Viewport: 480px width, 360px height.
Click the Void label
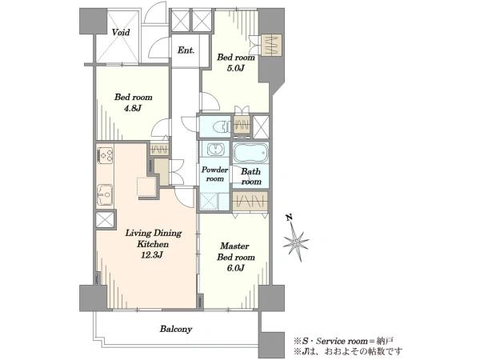pos(121,32)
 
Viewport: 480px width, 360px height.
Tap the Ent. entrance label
pos(186,50)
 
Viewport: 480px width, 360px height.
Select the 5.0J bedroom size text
pos(235,68)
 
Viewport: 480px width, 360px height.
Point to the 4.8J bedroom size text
pos(132,108)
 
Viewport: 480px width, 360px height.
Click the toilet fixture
pos(222,126)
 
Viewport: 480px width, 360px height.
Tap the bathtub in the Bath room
pos(250,153)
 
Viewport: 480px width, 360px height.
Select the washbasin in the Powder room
pos(215,150)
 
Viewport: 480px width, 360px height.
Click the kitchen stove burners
pos(105,155)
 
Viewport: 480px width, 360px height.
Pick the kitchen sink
pos(105,195)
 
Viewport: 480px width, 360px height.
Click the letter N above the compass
pos(289,218)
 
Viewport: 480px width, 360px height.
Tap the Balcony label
pos(176,330)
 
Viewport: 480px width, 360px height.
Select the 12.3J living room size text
pos(151,254)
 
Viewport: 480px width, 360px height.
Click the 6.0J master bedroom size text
pos(235,268)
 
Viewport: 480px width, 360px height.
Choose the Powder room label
pos(214,174)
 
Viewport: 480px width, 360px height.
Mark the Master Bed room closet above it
pos(250,202)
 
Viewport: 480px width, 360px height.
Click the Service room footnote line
pos(343,341)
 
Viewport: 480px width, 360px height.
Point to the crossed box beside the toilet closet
pos(261,126)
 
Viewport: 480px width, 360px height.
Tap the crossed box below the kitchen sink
pos(105,220)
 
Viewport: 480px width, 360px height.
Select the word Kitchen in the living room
pos(153,244)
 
